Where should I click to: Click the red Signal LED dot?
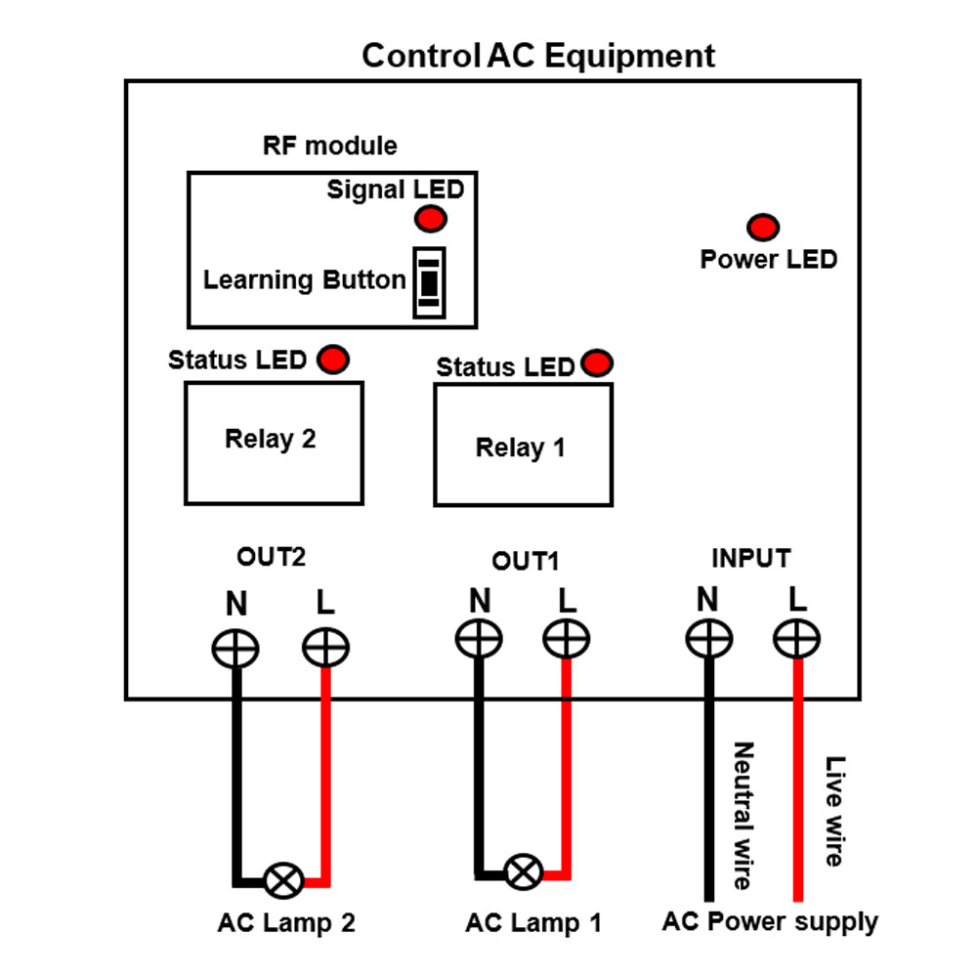(x=431, y=220)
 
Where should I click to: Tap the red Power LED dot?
(x=763, y=229)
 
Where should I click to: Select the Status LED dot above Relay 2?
(x=333, y=359)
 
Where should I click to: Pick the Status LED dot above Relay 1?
(x=596, y=363)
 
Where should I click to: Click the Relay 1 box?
(x=523, y=445)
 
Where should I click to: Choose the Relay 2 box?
(x=274, y=442)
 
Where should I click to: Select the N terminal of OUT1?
(x=479, y=639)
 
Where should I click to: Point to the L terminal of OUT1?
(x=567, y=639)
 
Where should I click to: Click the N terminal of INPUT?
(x=708, y=640)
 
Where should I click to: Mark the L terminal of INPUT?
(x=797, y=640)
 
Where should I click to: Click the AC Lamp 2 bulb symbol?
(x=284, y=880)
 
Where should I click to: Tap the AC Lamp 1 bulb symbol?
(x=525, y=871)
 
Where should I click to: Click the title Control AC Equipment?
(x=538, y=55)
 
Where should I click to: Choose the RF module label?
(x=330, y=147)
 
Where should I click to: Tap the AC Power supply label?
(x=770, y=921)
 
